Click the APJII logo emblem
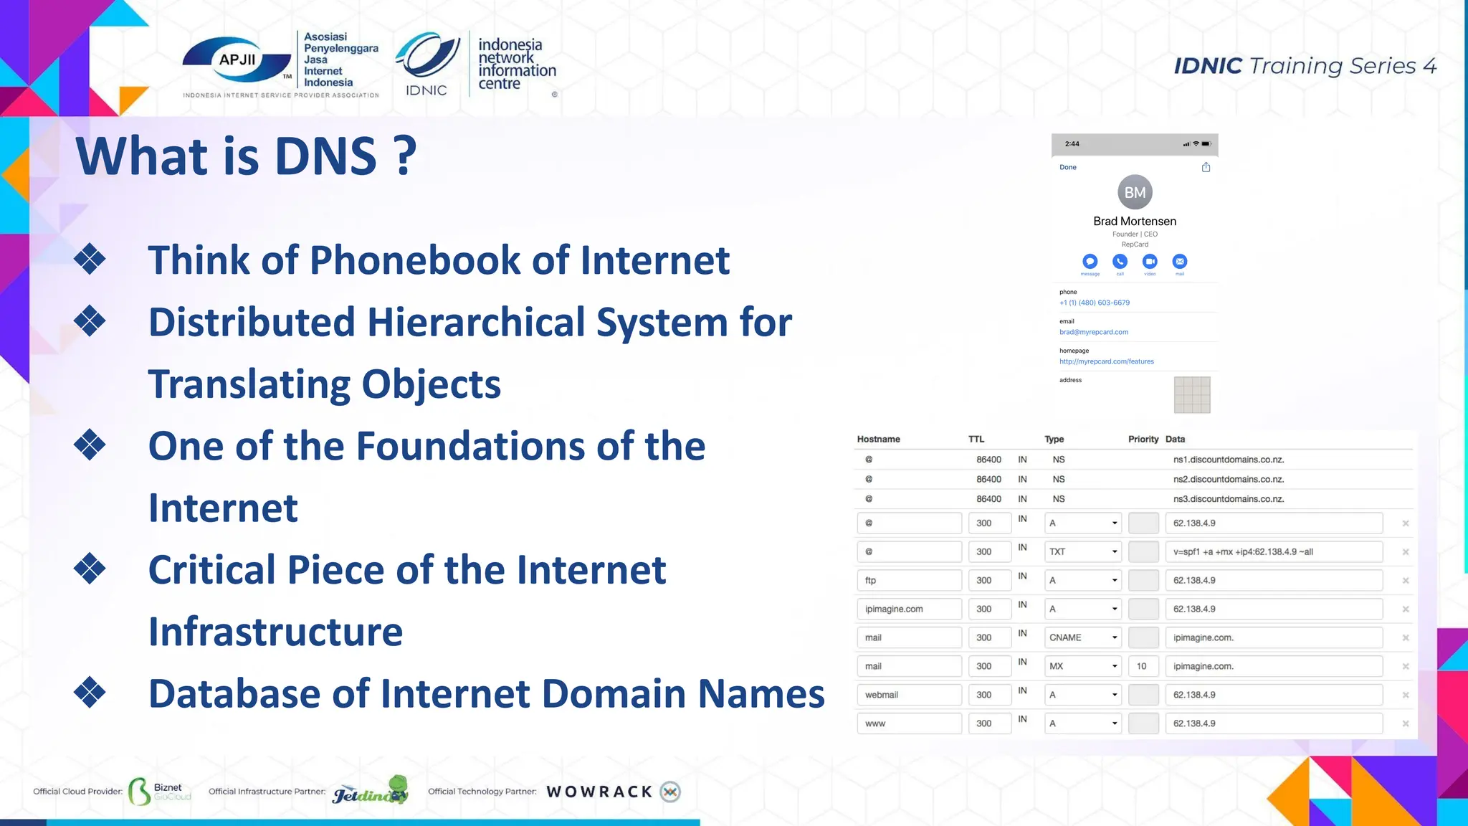pos(237,61)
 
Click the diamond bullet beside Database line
pos(90,693)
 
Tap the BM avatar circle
pos(1135,192)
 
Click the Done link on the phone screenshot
pos(1068,167)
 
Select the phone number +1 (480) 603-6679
pos(1095,303)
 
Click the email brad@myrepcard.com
pos(1094,332)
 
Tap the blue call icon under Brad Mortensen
pos(1120,262)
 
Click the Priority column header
pos(1143,439)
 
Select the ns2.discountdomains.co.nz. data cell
pos(1229,479)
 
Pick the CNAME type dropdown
pos(1082,637)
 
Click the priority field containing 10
pos(1143,666)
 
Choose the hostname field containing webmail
pos(909,695)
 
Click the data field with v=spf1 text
pos(1274,551)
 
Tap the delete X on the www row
pos(1406,723)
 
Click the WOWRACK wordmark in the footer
pos(599,792)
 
